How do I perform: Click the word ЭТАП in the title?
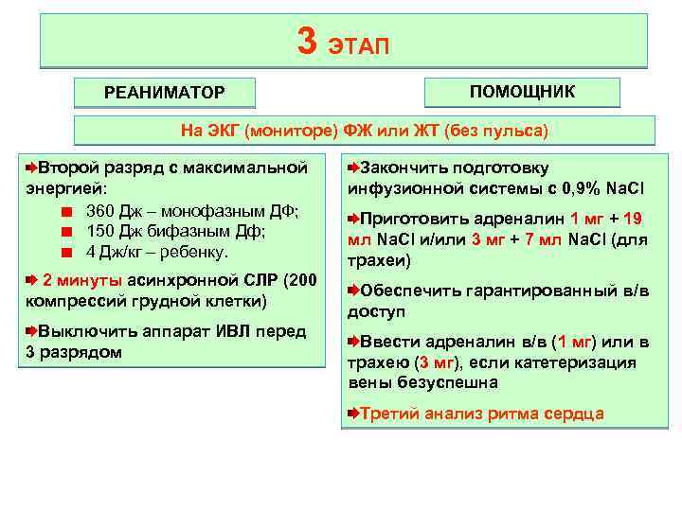359,44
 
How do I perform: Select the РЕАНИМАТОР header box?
165,92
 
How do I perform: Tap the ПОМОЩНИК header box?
522,91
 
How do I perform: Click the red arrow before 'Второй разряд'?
31,167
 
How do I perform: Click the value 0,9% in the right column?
567,187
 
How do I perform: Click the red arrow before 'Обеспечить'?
352,290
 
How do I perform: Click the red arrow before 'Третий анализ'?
352,414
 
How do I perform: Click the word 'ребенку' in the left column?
197,253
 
